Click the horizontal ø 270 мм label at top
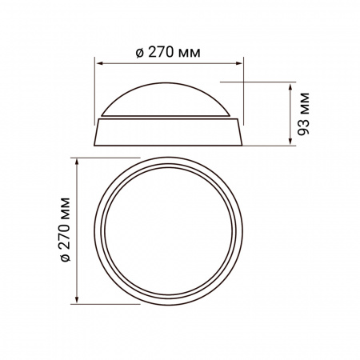168,52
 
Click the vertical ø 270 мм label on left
65,230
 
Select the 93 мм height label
303,114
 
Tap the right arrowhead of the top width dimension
239,63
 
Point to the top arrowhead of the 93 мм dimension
290,86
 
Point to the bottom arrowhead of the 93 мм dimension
290,142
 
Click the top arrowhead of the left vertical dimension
77,162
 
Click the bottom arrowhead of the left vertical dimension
77,300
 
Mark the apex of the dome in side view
166,82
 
